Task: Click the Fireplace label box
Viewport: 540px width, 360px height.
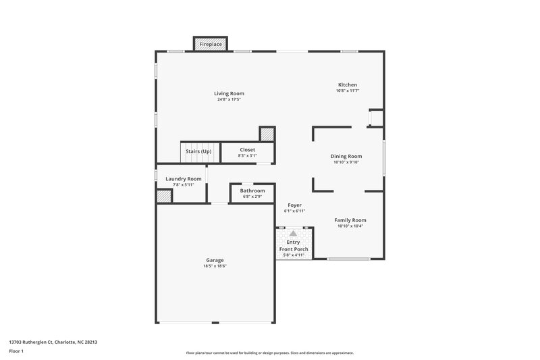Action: coord(210,44)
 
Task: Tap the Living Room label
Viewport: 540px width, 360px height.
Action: coord(229,93)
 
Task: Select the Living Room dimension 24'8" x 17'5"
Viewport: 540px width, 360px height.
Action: coord(229,99)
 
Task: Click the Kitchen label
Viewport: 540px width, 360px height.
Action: coord(348,84)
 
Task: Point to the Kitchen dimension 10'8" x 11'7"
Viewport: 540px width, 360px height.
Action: coord(348,91)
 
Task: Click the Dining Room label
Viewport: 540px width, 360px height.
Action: coord(346,156)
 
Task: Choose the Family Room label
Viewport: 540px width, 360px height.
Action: coord(350,220)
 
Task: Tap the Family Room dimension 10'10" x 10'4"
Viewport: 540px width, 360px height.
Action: coord(350,226)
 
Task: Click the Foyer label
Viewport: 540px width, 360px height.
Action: coord(294,205)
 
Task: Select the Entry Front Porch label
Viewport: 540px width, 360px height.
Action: coord(294,246)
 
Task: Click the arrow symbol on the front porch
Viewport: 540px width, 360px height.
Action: coord(294,232)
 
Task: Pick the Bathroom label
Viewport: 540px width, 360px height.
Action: coord(252,190)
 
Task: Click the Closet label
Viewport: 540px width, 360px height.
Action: coord(247,149)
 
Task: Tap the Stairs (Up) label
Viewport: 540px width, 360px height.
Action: coord(198,151)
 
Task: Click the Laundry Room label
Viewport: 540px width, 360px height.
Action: coord(183,178)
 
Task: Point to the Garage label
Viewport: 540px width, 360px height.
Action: coord(215,260)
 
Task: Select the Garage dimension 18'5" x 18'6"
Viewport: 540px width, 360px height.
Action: coord(215,266)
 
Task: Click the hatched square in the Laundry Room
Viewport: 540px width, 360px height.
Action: coord(164,196)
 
